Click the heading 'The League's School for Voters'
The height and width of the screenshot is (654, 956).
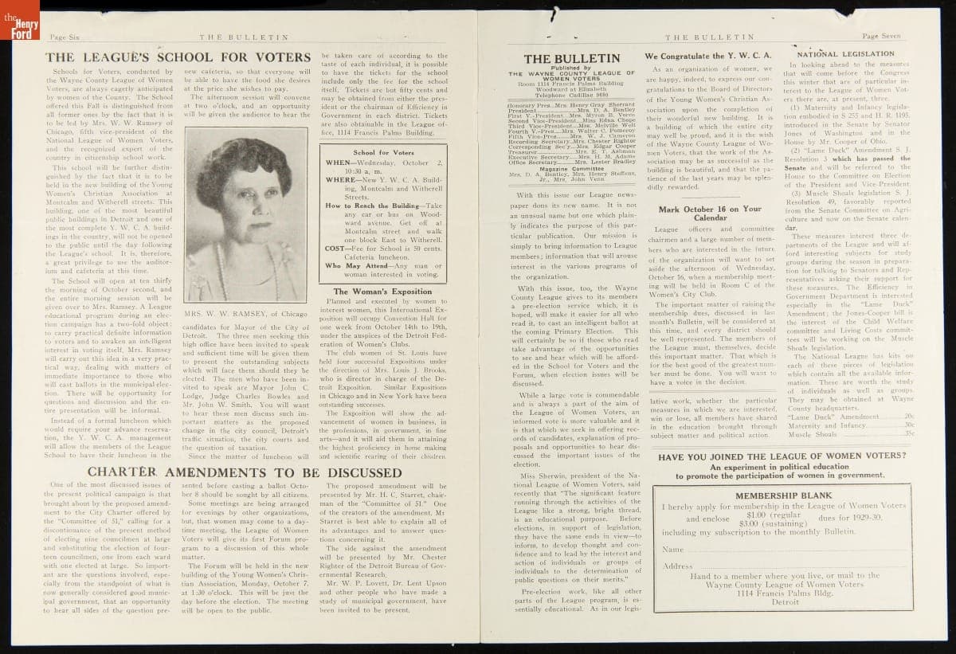tap(178, 57)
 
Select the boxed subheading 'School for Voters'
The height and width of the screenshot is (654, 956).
tap(383, 152)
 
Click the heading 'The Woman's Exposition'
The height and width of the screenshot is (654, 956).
tap(382, 292)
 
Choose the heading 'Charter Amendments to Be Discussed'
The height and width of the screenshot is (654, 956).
tap(245, 472)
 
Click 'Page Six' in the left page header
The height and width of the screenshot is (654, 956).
tap(69, 37)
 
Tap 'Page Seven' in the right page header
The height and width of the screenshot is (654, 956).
tap(880, 37)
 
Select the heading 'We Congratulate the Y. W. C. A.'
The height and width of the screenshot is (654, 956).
tap(708, 57)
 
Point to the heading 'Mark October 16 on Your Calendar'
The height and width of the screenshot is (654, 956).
tap(710, 213)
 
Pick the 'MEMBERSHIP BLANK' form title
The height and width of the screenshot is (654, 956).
tap(784, 495)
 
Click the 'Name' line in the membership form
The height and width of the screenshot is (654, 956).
tap(673, 550)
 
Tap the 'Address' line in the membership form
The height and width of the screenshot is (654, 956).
tap(678, 566)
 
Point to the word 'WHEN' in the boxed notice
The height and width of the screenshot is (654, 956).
tap(339, 163)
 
